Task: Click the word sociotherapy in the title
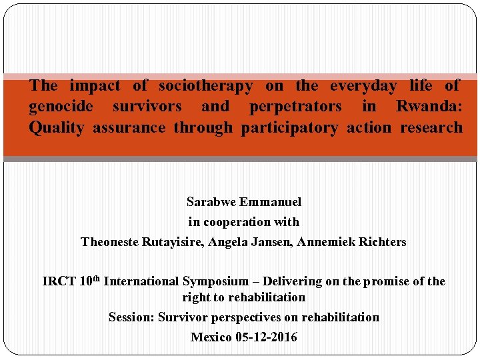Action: [x=206, y=86]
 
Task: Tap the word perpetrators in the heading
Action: [x=295, y=107]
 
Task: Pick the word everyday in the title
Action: [x=364, y=86]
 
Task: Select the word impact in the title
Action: [x=95, y=86]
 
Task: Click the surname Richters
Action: [x=381, y=242]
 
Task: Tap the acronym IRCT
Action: [x=59, y=282]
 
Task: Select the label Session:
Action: [x=132, y=317]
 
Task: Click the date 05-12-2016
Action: [x=267, y=337]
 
